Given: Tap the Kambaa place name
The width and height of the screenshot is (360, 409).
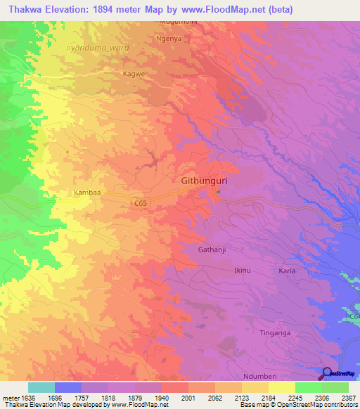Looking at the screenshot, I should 86,191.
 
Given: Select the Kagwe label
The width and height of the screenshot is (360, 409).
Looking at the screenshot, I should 134,73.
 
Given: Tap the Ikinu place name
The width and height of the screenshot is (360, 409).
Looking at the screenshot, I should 242,271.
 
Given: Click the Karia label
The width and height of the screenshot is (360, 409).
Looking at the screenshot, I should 287,271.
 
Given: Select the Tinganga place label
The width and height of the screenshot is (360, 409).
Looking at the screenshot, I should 275,332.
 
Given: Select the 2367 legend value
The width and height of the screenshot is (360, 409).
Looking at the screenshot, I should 349,398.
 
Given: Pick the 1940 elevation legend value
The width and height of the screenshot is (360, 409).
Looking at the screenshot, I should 160,398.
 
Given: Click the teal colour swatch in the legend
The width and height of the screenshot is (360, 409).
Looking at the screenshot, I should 41,387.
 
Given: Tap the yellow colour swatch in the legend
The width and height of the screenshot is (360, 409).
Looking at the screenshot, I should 281,387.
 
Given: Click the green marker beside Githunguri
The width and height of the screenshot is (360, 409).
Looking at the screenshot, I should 219,190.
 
